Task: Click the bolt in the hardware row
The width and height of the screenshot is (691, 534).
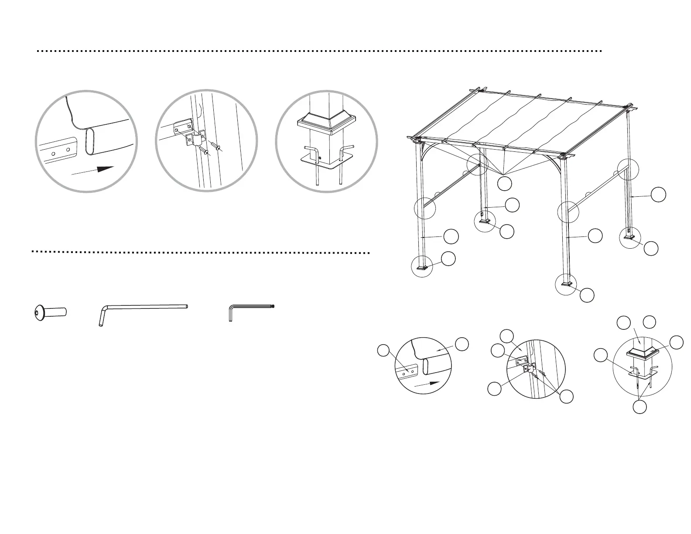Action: click(x=51, y=312)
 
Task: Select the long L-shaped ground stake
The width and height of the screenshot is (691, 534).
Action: click(x=144, y=308)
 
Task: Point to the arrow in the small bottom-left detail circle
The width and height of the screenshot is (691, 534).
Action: click(x=425, y=384)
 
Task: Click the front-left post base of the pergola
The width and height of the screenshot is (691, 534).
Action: click(x=422, y=267)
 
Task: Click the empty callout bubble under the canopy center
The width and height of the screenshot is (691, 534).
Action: click(x=505, y=184)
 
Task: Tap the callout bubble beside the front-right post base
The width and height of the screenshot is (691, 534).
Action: click(x=587, y=295)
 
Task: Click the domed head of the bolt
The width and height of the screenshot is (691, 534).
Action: click(x=39, y=312)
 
